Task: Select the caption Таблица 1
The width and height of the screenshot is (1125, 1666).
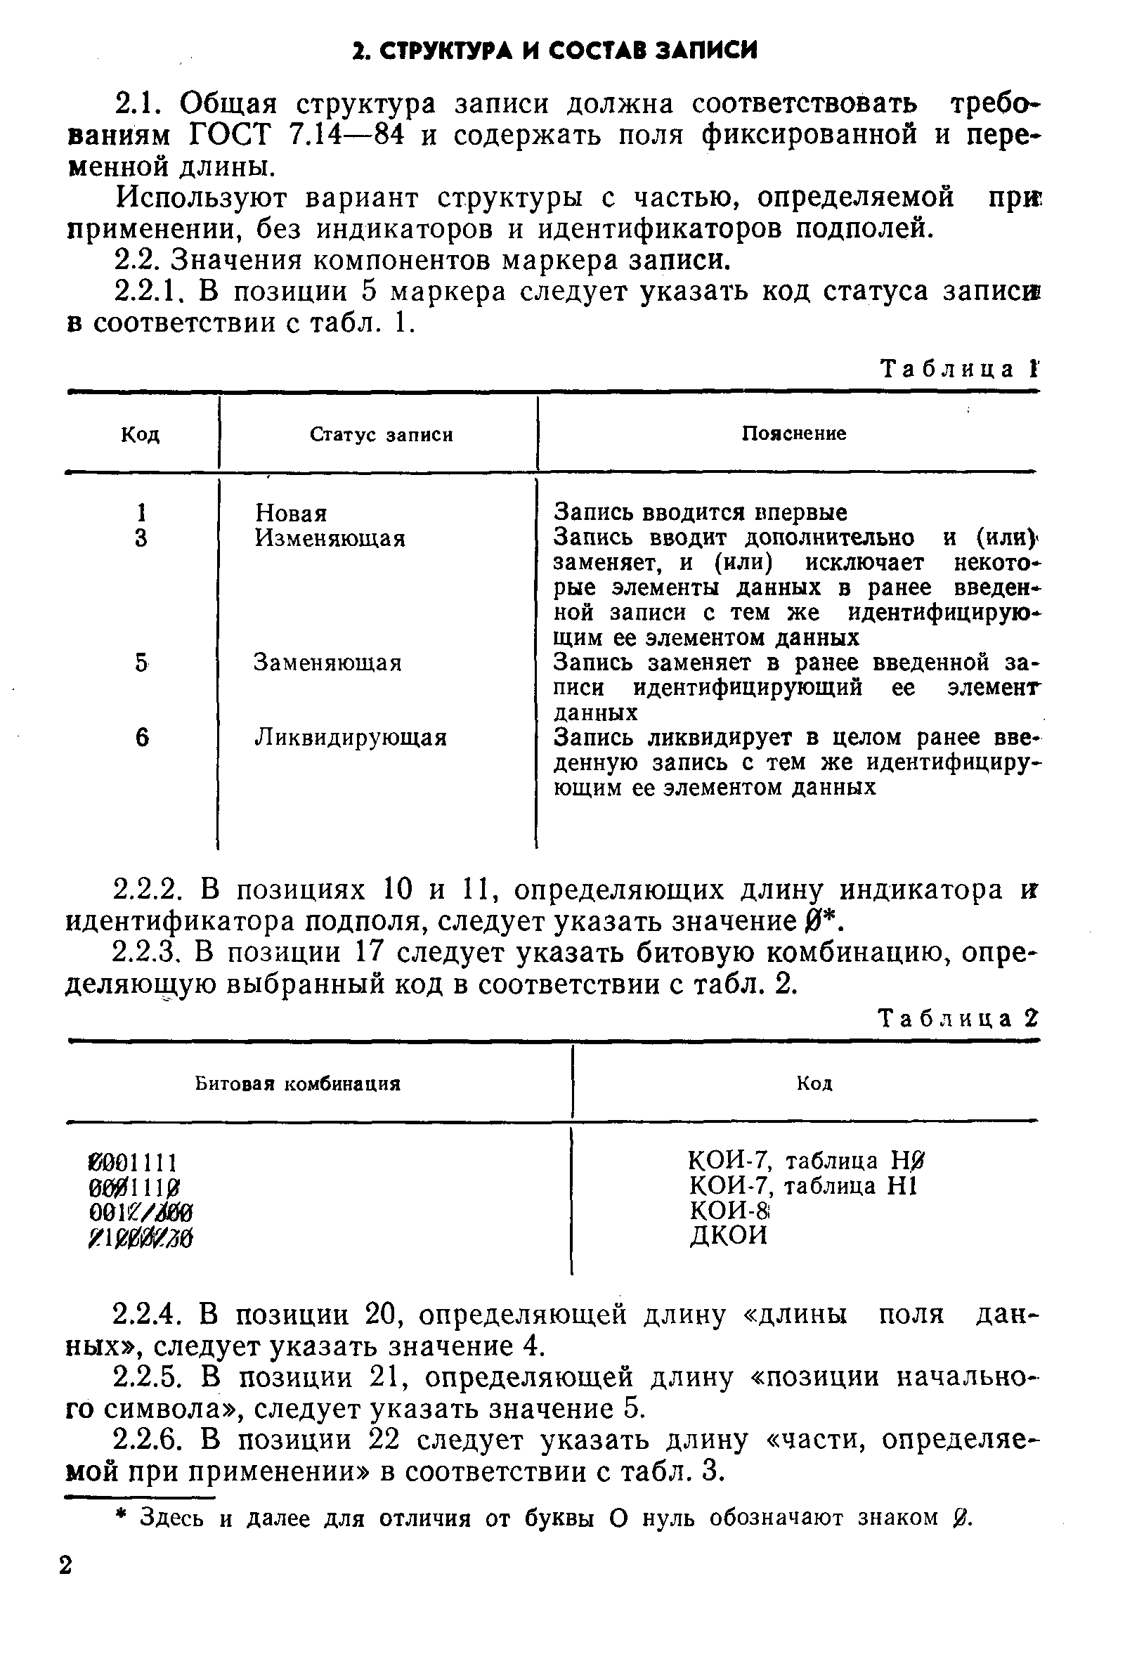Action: click(957, 369)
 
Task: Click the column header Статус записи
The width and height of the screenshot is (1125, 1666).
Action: click(381, 435)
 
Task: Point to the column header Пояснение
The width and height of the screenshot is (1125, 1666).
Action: click(793, 434)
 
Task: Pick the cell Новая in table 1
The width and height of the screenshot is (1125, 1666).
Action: click(291, 513)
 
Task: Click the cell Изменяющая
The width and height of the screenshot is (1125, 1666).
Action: click(330, 538)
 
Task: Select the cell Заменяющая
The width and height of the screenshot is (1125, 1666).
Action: click(327, 663)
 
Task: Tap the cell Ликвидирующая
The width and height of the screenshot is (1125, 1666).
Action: click(351, 738)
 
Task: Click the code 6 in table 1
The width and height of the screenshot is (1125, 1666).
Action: click(142, 738)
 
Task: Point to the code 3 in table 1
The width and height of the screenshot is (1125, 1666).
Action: click(141, 538)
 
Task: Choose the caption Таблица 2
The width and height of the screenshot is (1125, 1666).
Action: click(957, 1019)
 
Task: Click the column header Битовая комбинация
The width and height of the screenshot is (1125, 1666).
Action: click(297, 1084)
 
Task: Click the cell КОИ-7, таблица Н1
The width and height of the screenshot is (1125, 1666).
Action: click(803, 1185)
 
